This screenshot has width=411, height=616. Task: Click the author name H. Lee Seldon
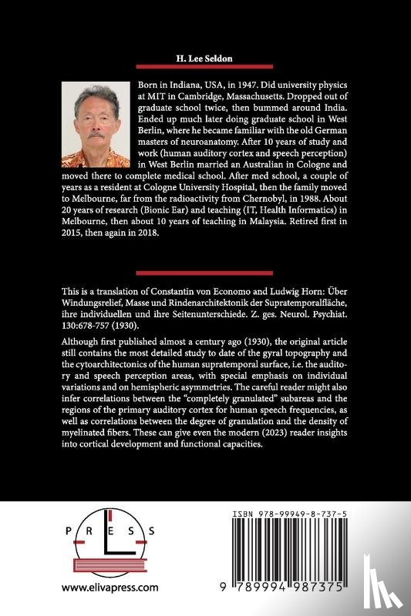tap(205, 59)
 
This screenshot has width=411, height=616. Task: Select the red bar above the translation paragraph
tap(205, 273)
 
